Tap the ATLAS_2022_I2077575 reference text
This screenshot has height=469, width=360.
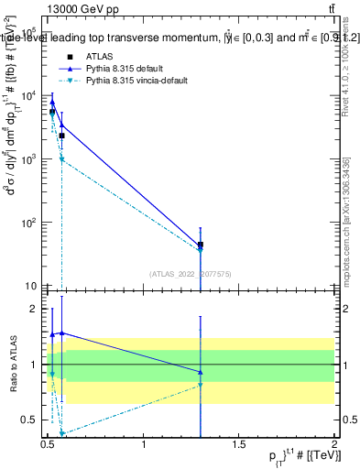(x=190, y=273)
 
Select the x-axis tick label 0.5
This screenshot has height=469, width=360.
(x=49, y=448)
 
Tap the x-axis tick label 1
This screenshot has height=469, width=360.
(x=144, y=448)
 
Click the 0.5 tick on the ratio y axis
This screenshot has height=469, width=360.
(x=33, y=420)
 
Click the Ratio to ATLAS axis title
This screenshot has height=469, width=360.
(x=12, y=365)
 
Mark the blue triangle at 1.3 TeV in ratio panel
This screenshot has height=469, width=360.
(x=201, y=372)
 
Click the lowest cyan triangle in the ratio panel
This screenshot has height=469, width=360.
(x=61, y=433)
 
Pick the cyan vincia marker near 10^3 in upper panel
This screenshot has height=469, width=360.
(x=61, y=159)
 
